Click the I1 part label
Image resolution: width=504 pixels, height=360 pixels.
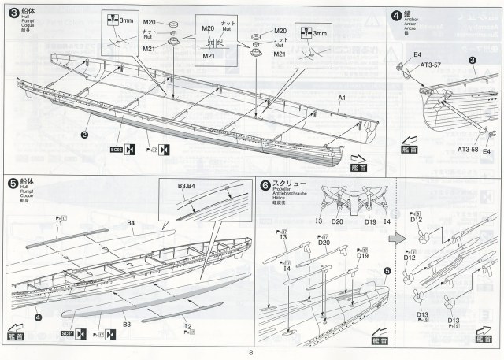59,225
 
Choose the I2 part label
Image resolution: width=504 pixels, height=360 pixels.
186,325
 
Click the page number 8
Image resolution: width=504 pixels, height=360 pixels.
250,352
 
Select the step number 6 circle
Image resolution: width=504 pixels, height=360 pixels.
265,185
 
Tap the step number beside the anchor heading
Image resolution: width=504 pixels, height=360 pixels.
397,13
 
